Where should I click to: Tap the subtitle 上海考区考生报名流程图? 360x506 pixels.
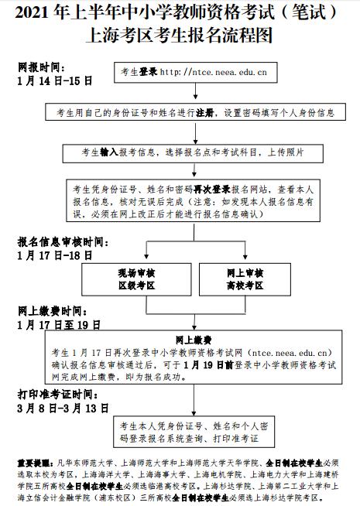180,33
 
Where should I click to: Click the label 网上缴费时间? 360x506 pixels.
51,312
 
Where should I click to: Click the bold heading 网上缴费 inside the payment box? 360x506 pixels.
188,339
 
